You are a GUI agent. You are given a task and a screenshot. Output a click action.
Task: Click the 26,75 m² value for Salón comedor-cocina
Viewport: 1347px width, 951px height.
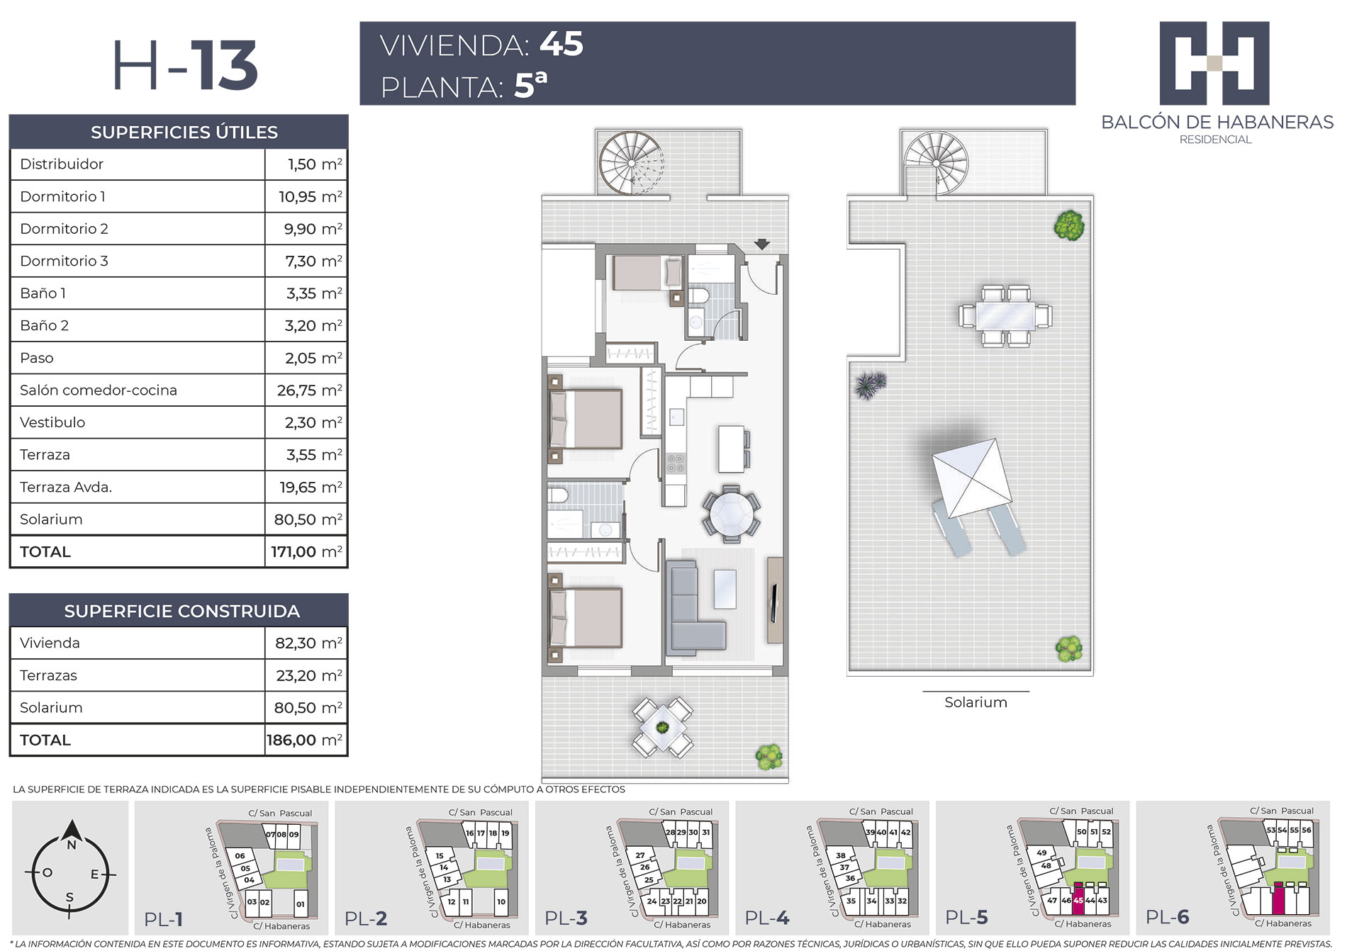(x=309, y=390)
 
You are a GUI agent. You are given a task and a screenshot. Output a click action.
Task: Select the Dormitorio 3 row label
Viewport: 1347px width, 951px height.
(x=64, y=261)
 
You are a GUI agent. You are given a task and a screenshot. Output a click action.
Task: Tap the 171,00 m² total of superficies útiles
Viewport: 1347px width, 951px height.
(x=306, y=551)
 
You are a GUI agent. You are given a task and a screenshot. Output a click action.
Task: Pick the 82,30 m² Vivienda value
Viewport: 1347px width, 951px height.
(x=308, y=643)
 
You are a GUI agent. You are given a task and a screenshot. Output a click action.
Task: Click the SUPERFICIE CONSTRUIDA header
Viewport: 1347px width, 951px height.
(x=181, y=611)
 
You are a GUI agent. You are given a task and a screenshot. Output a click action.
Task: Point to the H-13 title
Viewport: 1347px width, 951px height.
(x=185, y=66)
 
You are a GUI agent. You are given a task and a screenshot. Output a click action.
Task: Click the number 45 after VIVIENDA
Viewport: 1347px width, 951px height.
(x=561, y=44)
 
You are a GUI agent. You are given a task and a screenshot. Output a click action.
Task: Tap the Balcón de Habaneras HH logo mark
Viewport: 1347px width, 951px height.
(x=1214, y=63)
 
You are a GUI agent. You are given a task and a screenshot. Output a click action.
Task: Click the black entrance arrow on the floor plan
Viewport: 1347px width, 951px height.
(x=761, y=244)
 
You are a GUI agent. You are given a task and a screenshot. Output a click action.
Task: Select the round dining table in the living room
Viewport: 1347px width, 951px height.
(x=732, y=514)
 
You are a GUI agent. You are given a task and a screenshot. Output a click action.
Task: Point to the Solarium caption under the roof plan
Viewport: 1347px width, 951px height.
(x=976, y=702)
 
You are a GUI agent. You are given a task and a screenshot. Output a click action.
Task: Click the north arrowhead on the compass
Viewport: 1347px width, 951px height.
(x=71, y=830)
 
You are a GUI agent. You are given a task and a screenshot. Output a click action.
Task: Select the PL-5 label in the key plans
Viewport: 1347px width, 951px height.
(x=967, y=918)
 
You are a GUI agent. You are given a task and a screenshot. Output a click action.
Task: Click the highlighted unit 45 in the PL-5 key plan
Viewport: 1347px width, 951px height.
(x=1078, y=899)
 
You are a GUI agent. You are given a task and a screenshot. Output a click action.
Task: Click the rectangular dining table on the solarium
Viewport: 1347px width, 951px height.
(x=1005, y=315)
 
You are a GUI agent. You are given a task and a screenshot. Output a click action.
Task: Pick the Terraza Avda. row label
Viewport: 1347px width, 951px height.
(x=66, y=487)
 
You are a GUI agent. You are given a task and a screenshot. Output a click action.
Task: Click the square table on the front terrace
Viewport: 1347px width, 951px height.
(x=662, y=728)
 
